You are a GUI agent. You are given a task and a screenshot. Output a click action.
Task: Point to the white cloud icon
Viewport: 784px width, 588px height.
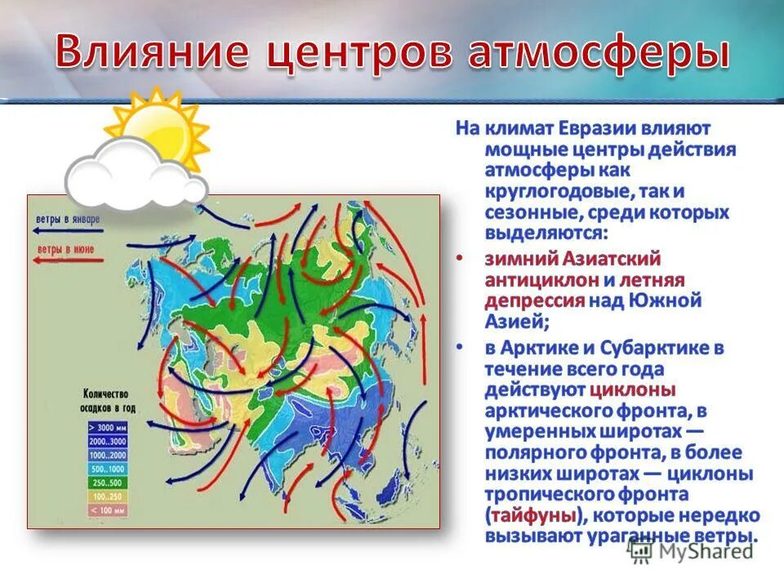[135, 174]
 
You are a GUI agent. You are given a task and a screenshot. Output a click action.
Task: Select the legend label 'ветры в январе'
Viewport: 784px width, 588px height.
[68, 219]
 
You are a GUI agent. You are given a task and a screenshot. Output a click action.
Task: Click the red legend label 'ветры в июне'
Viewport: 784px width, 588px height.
[65, 247]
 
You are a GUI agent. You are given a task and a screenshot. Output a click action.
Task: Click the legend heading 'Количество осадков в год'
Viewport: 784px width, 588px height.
[108, 401]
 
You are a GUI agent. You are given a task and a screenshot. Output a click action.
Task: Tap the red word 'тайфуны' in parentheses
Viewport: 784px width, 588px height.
[534, 516]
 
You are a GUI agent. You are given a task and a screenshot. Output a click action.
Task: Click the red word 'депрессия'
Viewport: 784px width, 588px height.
[536, 301]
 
